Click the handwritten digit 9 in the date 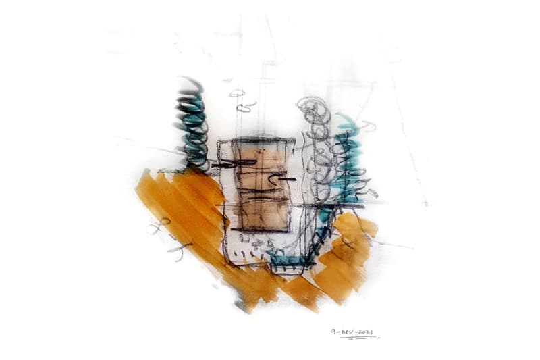(333, 332)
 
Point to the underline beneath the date (360, 338)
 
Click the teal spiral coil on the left (193, 124)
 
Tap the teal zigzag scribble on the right (348, 162)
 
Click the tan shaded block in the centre (263, 184)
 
